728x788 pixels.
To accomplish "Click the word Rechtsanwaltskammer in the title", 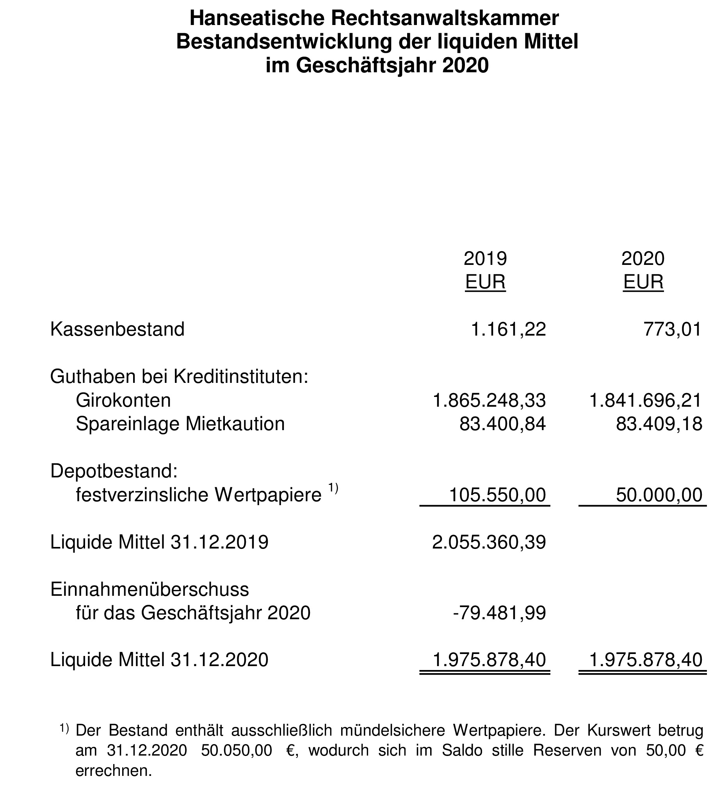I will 445,18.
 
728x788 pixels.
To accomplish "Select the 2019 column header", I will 485,259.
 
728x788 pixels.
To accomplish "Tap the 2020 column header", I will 643,259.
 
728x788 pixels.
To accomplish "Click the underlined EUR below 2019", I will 485,282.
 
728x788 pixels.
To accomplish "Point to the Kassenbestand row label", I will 117,330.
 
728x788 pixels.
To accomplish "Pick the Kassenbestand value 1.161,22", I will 509,330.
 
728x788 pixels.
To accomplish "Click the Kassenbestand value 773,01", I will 673,330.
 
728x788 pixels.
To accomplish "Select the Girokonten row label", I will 123,400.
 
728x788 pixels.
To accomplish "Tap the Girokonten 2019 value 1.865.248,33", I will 489,400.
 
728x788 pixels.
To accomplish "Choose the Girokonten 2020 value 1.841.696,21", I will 646,400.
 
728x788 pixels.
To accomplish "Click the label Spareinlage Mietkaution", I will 180,424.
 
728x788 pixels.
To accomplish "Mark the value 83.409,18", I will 659,424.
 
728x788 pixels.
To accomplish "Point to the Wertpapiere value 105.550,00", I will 498,495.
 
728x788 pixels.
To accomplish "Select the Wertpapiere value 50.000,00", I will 659,495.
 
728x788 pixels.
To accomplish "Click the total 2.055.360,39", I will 489,542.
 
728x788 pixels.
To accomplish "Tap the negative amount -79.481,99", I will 500,613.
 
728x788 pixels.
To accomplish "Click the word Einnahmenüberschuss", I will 150,590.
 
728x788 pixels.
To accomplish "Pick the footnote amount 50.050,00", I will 237,750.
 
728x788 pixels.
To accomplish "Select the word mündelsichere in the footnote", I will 392,731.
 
